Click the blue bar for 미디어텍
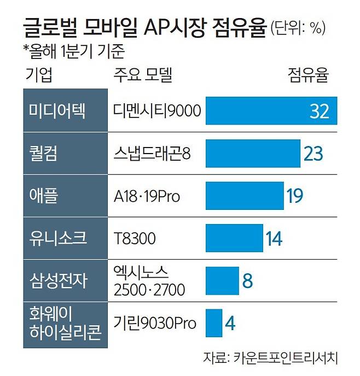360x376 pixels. click(271, 110)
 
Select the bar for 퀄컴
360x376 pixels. click(253, 153)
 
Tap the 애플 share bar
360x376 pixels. click(245, 196)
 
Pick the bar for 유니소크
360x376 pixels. click(234, 238)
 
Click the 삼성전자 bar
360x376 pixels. click(222, 280)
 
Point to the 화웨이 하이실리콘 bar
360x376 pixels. click(214, 323)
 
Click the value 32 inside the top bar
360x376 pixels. click(319, 111)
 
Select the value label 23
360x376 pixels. click(313, 154)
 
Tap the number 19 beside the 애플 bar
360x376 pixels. click(295, 196)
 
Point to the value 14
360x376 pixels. click(274, 238)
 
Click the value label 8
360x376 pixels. click(247, 281)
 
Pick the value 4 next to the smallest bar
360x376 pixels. click(230, 323)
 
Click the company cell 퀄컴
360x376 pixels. click(65, 153)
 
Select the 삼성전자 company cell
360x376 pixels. click(65, 280)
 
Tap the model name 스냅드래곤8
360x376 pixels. click(152, 153)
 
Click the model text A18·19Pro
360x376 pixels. click(147, 196)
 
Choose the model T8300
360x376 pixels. click(135, 238)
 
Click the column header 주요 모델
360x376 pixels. click(143, 75)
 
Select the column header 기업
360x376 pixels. click(39, 75)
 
